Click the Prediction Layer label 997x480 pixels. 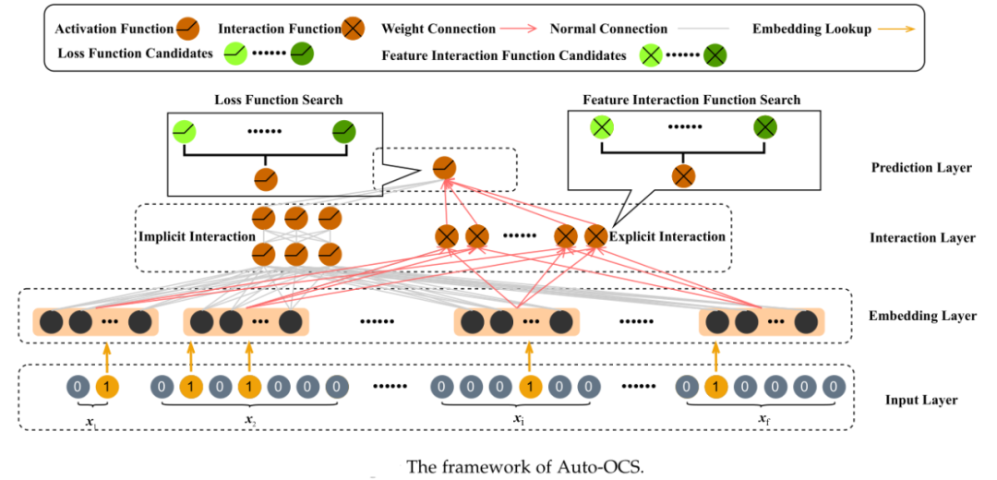tap(920, 168)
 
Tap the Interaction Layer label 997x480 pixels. tap(922, 238)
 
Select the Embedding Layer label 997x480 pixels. tap(922, 317)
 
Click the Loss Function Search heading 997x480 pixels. tap(278, 100)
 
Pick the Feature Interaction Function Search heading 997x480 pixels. tap(691, 100)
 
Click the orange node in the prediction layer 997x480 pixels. tap(445, 167)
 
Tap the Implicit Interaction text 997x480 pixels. tap(197, 237)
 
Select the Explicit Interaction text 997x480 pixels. tap(667, 237)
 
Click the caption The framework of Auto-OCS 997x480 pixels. tap(524, 465)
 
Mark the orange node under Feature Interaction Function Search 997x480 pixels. tap(684, 175)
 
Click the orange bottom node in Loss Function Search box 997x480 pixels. tap(265, 177)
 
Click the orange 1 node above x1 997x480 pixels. tap(108, 385)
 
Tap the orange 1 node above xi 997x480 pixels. tap(529, 385)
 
